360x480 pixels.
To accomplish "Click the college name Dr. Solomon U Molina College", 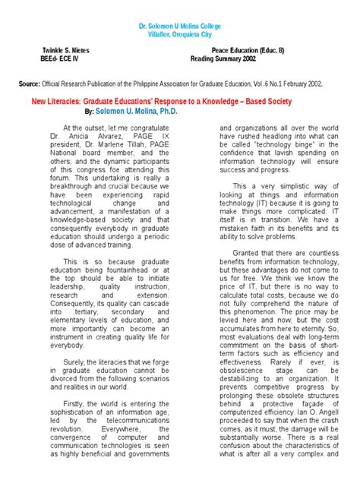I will [179, 26].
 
